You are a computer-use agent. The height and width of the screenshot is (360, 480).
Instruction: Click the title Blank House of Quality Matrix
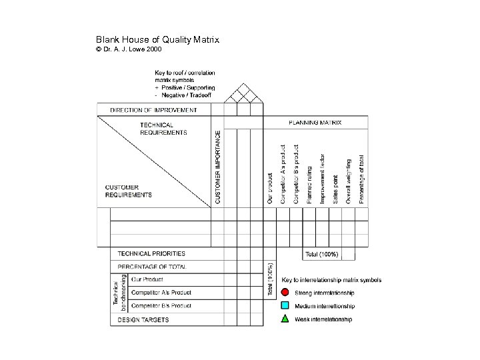point(157,40)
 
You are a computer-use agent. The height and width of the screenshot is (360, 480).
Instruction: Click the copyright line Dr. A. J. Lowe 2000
point(129,49)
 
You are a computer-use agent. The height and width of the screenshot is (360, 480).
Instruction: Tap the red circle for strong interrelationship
point(285,293)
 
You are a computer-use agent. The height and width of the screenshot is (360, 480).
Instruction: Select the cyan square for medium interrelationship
point(285,306)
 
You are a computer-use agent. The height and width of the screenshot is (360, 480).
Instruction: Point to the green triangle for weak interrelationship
point(285,319)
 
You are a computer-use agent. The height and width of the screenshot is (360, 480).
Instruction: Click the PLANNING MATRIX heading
point(315,123)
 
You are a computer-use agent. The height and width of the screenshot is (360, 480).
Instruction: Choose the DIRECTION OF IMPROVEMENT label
point(153,110)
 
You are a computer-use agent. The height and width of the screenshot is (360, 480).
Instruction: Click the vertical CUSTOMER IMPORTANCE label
point(217,167)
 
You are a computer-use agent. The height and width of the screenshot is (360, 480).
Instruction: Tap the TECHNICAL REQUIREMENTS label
point(163,129)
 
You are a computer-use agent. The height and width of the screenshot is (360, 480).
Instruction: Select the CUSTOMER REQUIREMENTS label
point(129,191)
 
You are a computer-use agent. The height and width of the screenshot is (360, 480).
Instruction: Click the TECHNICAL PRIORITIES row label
point(151,253)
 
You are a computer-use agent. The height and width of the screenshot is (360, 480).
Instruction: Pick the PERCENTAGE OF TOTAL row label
point(152,267)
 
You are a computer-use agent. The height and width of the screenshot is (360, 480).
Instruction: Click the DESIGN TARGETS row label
point(143,320)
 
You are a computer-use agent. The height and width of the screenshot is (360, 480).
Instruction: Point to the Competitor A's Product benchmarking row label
point(161,293)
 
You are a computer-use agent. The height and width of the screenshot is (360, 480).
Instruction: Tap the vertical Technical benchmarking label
point(119,293)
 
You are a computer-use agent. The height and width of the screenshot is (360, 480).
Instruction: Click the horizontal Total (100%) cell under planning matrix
point(322,254)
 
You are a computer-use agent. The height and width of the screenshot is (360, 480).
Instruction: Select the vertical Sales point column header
point(335,189)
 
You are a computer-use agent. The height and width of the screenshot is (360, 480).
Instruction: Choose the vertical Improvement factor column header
point(322,179)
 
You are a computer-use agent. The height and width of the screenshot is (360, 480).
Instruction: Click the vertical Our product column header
point(270,189)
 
